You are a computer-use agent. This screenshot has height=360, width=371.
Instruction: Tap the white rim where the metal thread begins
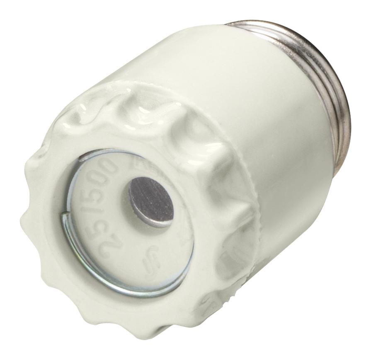(x=265, y=31)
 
